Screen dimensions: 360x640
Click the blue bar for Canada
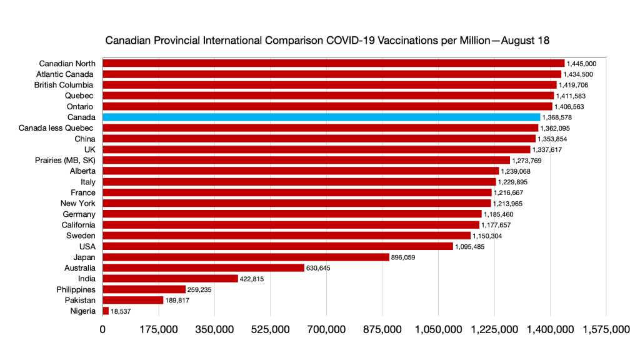tap(321, 117)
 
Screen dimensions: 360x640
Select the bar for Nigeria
tap(106, 311)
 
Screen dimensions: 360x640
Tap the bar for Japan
tap(246, 257)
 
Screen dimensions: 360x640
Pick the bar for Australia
tap(203, 268)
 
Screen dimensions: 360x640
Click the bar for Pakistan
tap(132, 300)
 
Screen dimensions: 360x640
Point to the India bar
tap(170, 279)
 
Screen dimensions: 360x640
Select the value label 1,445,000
tap(582, 64)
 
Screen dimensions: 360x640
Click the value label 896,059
tap(402, 257)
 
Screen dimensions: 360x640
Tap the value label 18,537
tap(123, 311)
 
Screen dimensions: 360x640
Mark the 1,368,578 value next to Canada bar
tap(557, 117)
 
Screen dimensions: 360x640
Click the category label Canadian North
tap(67, 63)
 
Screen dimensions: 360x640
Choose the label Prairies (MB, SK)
tap(65, 160)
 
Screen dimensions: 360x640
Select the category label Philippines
tap(76, 289)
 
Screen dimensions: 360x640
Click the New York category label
tap(77, 203)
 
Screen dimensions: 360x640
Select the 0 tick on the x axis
tap(103, 329)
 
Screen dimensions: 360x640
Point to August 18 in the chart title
tap(524, 41)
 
